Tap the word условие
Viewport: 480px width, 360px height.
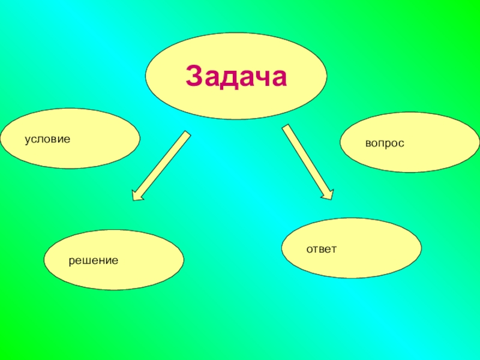click(x=47, y=139)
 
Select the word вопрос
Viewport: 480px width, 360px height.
click(x=385, y=145)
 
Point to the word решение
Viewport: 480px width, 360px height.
click(x=93, y=261)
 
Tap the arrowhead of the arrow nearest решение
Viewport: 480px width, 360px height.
click(x=139, y=194)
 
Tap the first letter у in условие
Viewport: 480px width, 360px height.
click(x=27, y=140)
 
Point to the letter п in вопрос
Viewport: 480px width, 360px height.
click(x=385, y=145)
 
